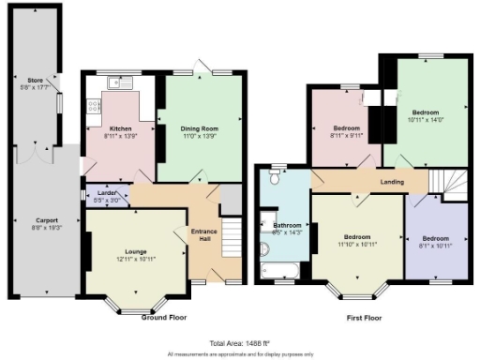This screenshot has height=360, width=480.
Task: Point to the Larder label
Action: [x=105, y=194]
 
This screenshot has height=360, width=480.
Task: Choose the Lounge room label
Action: [x=133, y=251]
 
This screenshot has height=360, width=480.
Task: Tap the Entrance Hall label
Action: [x=203, y=235]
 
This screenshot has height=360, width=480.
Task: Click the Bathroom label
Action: [x=287, y=225]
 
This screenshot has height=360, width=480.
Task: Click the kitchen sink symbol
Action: [x=120, y=82]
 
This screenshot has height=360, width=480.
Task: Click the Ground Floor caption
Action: [x=164, y=317]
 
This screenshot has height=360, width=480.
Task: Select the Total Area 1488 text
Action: [x=239, y=344]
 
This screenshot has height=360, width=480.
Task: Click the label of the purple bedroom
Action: [x=436, y=239]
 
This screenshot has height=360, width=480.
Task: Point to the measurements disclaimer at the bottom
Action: [x=239, y=354]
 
